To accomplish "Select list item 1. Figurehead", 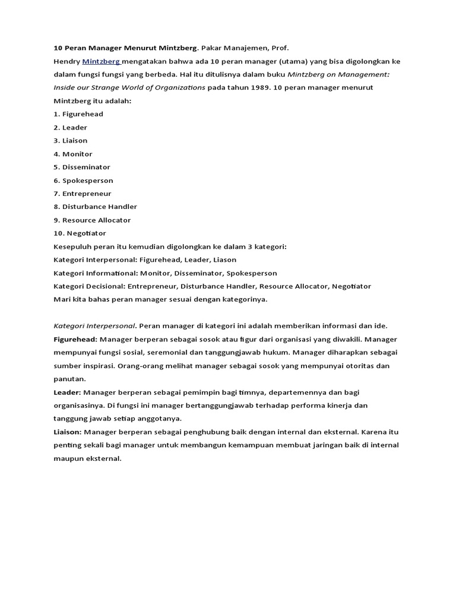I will pos(78,114).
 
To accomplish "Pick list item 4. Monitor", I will pos(73,154).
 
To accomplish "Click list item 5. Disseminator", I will pos(82,167).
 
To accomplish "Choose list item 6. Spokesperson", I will pos(83,180).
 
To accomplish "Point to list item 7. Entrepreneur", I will pos(83,194).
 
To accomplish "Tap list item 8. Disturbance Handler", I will pos(95,207).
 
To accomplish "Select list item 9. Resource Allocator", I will pos(92,220).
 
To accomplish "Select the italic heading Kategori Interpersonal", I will pos(94,326).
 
